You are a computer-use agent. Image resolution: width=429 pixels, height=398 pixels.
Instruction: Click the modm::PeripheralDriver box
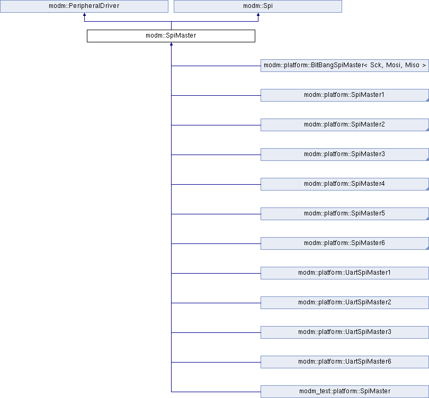coord(84,6)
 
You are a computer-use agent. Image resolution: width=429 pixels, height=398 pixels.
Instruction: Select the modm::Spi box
coord(258,6)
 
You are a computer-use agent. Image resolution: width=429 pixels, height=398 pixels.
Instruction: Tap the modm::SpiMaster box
coord(171,36)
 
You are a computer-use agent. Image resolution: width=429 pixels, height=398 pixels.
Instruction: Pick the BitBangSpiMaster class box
coord(345,66)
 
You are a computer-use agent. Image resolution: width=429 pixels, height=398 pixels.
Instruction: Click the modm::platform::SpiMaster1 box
coord(345,95)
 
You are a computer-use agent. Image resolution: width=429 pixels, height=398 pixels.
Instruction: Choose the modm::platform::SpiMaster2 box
coord(345,125)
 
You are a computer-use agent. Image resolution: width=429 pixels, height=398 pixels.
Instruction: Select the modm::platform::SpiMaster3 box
coord(345,155)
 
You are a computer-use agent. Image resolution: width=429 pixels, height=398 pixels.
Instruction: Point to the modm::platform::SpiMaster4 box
coord(345,184)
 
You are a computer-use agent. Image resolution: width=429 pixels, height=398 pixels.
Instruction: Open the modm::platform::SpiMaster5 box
coord(345,214)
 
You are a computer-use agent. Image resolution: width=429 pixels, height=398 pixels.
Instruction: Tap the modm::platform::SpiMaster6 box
coord(345,243)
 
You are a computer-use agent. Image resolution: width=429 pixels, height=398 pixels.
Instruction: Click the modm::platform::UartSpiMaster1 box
coord(345,273)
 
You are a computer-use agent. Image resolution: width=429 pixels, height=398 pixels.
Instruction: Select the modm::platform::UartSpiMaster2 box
coord(345,303)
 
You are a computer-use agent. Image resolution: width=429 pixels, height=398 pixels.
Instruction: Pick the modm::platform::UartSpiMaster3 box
coord(345,332)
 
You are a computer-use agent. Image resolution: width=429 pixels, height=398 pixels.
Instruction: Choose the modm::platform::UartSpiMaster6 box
coord(345,362)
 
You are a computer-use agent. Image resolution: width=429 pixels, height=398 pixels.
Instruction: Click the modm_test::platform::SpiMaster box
coord(345,392)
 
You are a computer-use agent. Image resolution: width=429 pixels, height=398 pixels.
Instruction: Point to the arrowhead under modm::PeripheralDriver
coord(84,14)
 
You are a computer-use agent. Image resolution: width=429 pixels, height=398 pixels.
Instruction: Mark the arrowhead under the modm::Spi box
coord(258,14)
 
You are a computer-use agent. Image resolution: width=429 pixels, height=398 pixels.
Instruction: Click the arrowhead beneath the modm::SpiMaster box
coord(171,44)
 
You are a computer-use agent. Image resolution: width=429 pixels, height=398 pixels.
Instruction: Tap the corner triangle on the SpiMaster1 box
coord(427,100)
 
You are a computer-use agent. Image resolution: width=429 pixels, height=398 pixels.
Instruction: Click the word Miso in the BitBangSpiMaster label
coord(412,65)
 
